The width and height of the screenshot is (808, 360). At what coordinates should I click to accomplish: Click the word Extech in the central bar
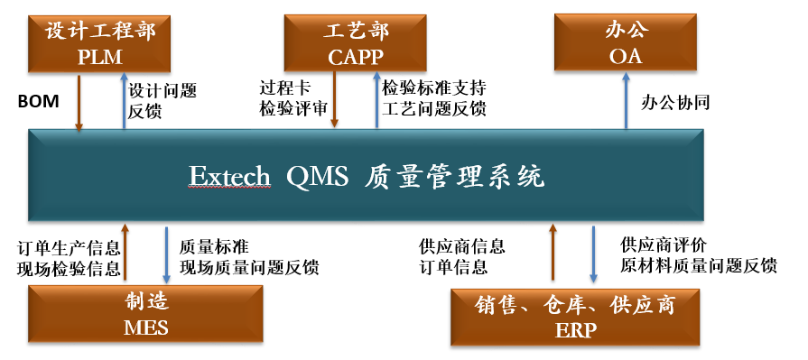229,175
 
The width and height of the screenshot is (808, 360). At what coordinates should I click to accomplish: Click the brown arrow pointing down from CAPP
334,100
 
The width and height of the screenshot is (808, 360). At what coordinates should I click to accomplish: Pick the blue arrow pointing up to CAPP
376,100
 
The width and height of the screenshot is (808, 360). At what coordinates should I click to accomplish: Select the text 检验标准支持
434,89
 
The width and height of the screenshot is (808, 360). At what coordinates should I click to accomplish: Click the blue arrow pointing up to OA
626,100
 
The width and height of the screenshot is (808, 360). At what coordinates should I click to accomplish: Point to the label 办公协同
675,102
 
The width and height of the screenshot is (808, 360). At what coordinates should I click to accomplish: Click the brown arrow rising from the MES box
125,254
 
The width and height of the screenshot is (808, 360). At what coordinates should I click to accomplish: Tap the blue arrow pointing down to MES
166,254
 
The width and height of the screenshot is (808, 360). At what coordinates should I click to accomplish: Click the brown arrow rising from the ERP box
551,254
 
